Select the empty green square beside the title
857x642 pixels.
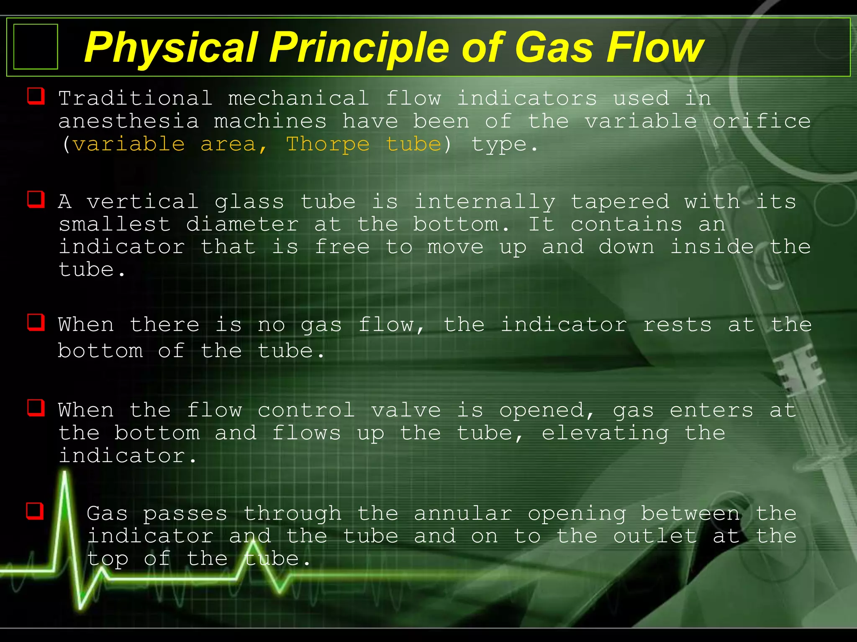click(x=36, y=46)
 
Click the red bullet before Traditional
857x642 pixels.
click(x=36, y=96)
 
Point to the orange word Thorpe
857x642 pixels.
click(x=328, y=144)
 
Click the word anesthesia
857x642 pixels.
click(x=128, y=122)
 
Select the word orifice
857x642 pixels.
click(x=762, y=122)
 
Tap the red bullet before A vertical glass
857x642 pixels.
click(x=36, y=199)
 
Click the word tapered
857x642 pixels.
click(x=620, y=202)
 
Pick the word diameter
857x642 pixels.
click(x=242, y=224)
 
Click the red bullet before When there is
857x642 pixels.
click(x=36, y=322)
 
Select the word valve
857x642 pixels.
click(x=406, y=410)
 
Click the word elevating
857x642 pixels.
click(x=605, y=433)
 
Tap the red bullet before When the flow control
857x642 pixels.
click(x=36, y=408)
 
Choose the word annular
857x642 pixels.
click(x=463, y=514)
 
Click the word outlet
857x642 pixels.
click(x=655, y=536)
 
